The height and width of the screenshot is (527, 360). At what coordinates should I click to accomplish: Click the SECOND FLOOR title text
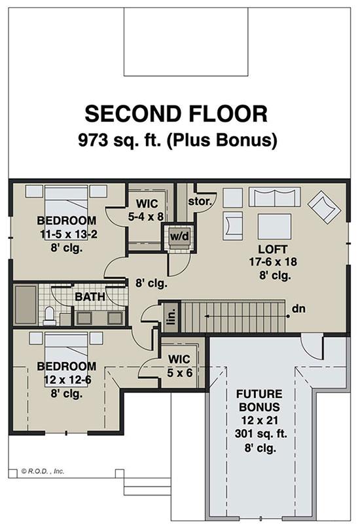click(x=176, y=114)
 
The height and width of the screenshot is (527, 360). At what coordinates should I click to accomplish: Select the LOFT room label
click(x=272, y=249)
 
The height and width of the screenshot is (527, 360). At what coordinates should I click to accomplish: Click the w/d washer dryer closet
click(x=179, y=236)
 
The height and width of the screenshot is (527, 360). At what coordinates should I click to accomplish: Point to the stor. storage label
click(x=200, y=202)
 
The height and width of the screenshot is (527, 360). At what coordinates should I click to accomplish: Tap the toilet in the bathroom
click(x=49, y=316)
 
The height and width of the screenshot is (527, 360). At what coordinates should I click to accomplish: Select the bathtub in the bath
click(x=26, y=305)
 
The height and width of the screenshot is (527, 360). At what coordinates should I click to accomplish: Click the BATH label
click(x=90, y=297)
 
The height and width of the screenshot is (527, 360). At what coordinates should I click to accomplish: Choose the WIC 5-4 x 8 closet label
click(x=146, y=210)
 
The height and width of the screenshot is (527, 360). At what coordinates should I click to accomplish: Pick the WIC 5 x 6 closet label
click(x=179, y=366)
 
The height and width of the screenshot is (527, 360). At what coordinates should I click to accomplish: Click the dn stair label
click(x=298, y=308)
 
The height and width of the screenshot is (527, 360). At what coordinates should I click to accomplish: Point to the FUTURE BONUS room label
click(x=259, y=400)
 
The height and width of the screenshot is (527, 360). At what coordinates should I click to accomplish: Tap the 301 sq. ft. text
click(x=261, y=433)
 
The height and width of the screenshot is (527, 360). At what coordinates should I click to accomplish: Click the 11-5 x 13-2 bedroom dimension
click(x=69, y=234)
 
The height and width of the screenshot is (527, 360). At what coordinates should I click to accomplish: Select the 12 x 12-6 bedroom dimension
click(x=67, y=380)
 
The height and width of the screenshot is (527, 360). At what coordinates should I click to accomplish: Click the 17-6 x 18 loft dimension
click(x=273, y=262)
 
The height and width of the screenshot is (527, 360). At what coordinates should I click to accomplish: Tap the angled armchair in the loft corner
click(x=325, y=207)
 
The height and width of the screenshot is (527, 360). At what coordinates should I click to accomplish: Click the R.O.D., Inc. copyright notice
click(x=43, y=471)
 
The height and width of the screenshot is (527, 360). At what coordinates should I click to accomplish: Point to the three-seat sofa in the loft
click(x=274, y=197)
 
